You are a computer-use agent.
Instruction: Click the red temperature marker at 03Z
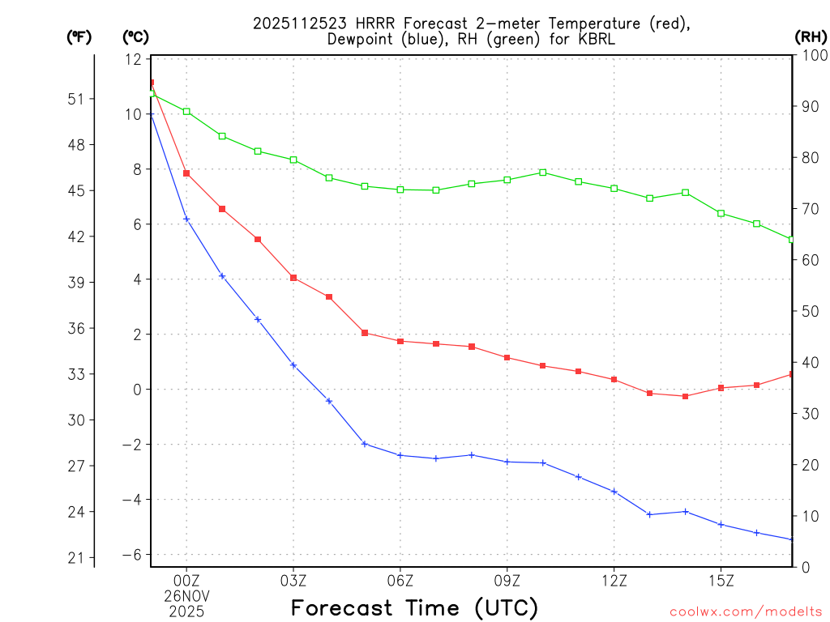click(293, 278)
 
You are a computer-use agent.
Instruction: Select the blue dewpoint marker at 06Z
click(400, 455)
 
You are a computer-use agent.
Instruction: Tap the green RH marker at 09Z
click(507, 180)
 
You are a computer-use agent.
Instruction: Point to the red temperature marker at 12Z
click(614, 380)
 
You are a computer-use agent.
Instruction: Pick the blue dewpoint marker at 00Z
click(186, 219)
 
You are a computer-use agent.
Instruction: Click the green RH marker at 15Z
click(721, 213)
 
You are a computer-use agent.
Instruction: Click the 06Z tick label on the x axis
click(400, 580)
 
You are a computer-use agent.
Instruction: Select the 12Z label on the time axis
click(614, 580)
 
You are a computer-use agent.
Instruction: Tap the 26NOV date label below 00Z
click(186, 595)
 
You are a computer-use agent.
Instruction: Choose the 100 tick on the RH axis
click(810, 55)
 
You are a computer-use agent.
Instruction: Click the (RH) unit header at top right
click(811, 36)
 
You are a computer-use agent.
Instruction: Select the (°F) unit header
click(79, 36)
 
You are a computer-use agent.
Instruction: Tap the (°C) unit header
click(135, 36)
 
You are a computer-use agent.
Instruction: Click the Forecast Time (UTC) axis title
click(414, 607)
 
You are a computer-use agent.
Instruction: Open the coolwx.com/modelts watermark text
click(746, 611)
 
